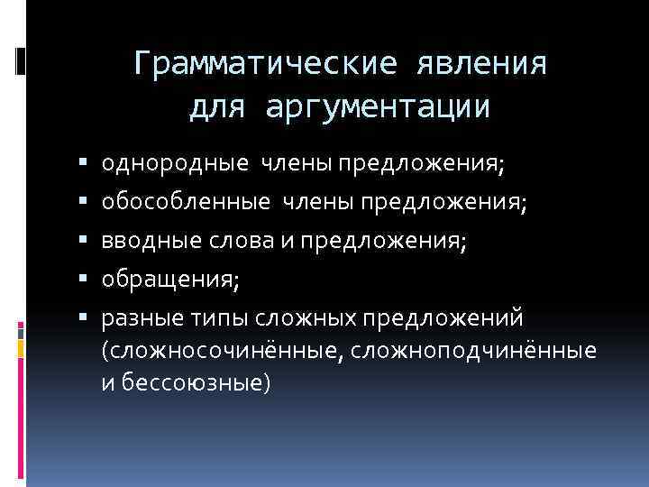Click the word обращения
click(x=168, y=280)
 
